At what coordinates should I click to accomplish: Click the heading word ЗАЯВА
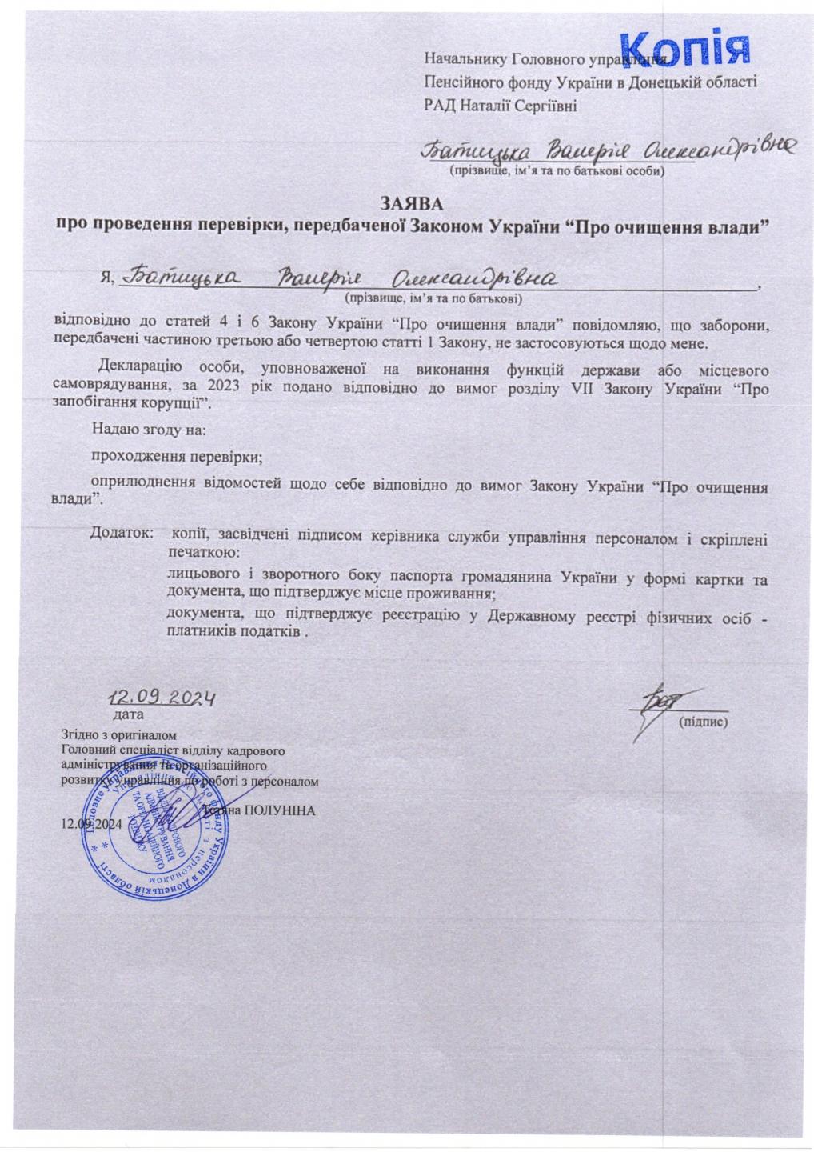coord(411,204)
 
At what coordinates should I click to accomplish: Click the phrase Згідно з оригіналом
coord(118,734)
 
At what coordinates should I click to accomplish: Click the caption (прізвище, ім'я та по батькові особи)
coord(557,170)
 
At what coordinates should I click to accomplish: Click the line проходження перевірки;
coord(177,458)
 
